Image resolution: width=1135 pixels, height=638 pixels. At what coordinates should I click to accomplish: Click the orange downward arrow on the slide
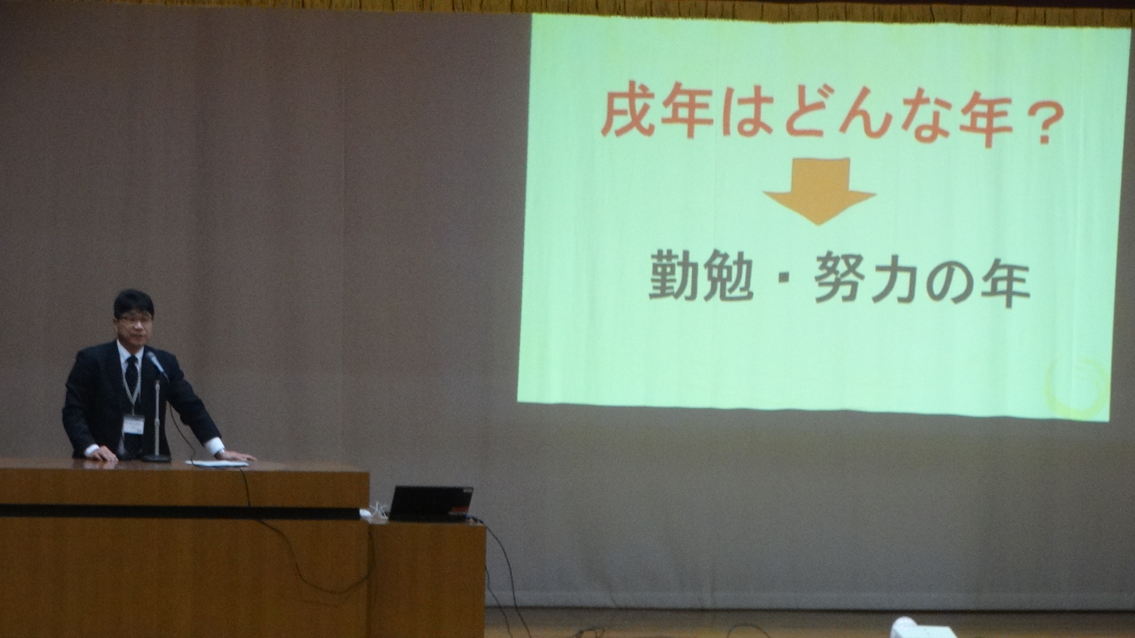[819, 191]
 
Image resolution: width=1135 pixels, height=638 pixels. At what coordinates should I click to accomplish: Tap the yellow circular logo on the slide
[1076, 387]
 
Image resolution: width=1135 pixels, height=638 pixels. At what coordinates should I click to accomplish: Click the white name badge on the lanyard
[134, 424]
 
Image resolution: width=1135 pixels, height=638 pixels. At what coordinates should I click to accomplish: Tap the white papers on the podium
[218, 463]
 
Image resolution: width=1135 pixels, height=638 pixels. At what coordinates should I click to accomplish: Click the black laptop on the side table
[430, 504]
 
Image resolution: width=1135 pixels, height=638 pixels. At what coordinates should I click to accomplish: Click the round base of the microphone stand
[156, 458]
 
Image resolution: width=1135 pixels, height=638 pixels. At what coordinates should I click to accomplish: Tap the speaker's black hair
[134, 302]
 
